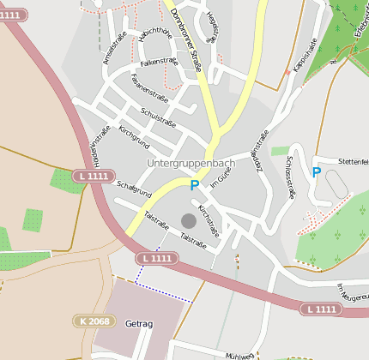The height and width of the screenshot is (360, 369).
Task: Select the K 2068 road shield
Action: pos(93,321)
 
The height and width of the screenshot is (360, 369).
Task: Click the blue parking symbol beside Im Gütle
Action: pos(195,184)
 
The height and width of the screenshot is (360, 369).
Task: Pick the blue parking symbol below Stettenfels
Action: pos(317,172)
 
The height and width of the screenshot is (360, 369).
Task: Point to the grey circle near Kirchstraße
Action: pos(189,221)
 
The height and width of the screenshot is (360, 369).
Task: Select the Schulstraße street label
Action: pos(157,117)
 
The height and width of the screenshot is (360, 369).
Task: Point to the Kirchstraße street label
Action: pos(209,220)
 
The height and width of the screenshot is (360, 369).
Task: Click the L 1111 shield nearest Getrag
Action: pos(156,258)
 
